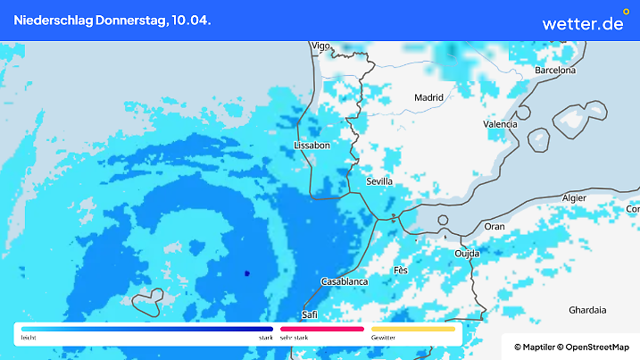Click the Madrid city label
[x=429, y=97]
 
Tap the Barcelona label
[x=555, y=70]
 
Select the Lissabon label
[x=312, y=145]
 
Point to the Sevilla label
[x=379, y=181]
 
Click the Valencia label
[x=500, y=125]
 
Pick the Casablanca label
[x=345, y=281]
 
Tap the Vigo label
[x=320, y=46]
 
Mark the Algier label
[x=573, y=197]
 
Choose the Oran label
[x=494, y=227]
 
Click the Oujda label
[x=467, y=254]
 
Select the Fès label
[x=401, y=270]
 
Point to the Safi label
[x=310, y=314]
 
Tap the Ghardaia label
[x=587, y=310]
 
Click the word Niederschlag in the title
[x=48, y=20]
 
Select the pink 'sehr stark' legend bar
[x=321, y=329]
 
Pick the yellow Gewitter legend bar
[x=412, y=329]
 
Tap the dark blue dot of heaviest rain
[x=246, y=273]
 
